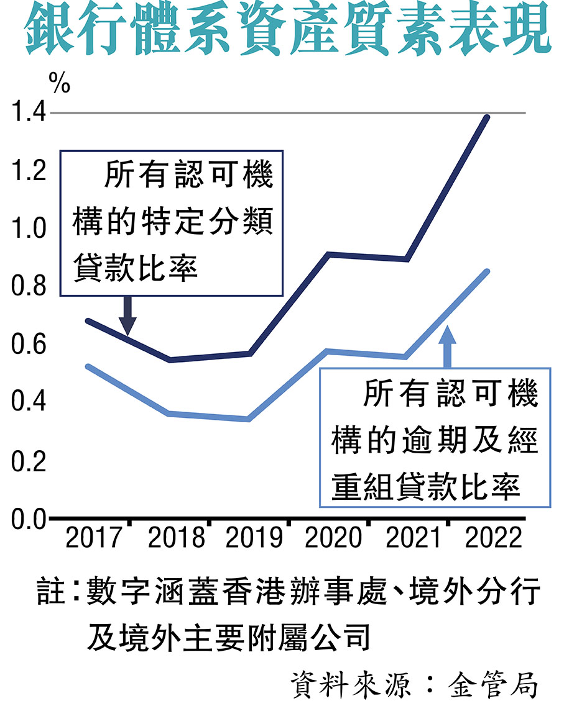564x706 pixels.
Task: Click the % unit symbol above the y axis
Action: [60, 83]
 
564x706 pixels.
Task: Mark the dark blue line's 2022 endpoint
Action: [488, 117]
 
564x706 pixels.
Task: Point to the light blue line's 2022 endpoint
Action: [488, 271]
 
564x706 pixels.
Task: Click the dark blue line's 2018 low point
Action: [170, 360]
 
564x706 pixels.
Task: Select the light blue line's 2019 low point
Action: [249, 419]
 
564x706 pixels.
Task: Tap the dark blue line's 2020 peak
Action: [328, 254]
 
